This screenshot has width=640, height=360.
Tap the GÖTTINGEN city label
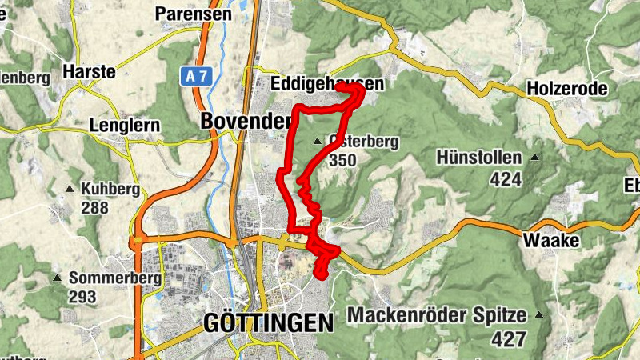(x=268, y=323)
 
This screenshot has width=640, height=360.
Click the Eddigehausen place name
(x=326, y=84)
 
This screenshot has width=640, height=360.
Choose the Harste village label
(x=90, y=71)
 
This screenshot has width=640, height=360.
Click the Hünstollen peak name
(x=479, y=158)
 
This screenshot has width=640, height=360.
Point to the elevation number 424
(x=506, y=178)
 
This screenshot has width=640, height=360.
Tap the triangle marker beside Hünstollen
(x=534, y=158)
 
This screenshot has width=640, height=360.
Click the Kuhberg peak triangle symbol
(x=70, y=190)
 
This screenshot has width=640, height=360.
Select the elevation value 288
(x=95, y=208)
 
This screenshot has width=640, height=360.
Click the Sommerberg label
(x=116, y=278)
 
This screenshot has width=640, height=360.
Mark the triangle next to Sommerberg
(x=57, y=278)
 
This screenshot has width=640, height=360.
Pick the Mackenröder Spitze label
(x=438, y=314)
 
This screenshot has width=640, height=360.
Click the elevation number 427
(x=508, y=338)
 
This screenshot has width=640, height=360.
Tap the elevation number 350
(x=342, y=160)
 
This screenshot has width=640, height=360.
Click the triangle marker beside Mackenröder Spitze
(x=539, y=314)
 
